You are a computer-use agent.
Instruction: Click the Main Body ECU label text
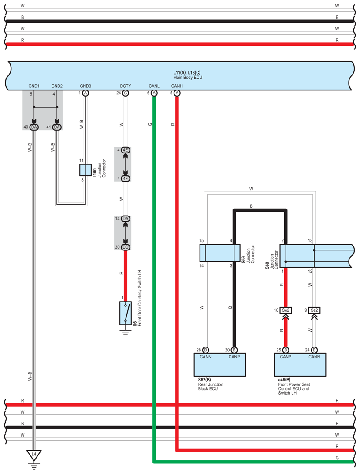[x=188, y=78]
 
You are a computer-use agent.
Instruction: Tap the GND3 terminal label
[x=85, y=86]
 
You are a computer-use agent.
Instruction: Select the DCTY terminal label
[x=125, y=86]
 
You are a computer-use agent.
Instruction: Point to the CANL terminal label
[x=154, y=86]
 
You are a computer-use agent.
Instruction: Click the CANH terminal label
[x=177, y=86]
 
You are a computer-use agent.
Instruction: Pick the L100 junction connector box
[x=85, y=170]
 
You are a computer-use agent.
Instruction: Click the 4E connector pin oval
[x=125, y=150]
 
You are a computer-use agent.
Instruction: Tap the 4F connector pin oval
[x=125, y=179]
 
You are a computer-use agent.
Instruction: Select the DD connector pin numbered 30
[x=125, y=247]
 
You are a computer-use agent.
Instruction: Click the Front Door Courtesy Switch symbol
[x=125, y=313]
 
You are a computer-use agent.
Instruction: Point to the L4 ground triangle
[x=34, y=455]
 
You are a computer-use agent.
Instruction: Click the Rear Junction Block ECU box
[x=220, y=365]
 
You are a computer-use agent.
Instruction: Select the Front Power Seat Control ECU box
[x=300, y=365]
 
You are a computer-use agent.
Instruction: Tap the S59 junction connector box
[x=220, y=253]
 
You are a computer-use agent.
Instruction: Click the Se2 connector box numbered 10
[x=286, y=310]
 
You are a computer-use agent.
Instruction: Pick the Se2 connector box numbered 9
[x=314, y=310]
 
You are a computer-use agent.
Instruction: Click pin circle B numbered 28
[x=205, y=350]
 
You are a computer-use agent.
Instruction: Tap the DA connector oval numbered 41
[x=57, y=127]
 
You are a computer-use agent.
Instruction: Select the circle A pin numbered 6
[x=154, y=93]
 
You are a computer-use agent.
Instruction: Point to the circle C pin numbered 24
[x=125, y=93]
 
